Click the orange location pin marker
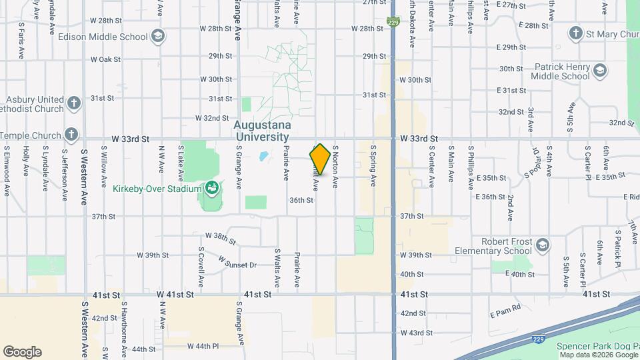coord(320,159)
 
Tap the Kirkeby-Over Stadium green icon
coord(213,189)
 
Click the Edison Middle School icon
coord(157,35)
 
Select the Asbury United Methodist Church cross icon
coord(73,103)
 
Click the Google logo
coord(22,352)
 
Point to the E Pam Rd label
coord(505,313)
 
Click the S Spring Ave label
coord(373,165)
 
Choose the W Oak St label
coord(104,59)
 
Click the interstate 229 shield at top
coord(393,22)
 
